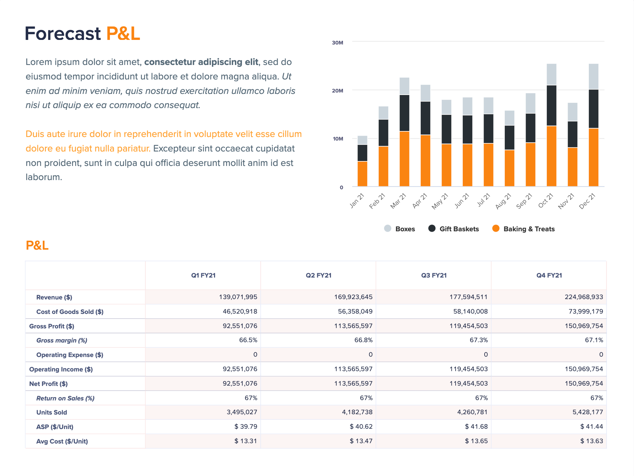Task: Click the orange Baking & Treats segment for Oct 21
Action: pos(551,156)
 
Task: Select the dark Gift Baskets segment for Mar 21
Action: pos(404,113)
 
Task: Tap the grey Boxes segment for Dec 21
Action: pos(593,77)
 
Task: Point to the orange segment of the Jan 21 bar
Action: pos(362,174)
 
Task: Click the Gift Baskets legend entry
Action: pos(454,229)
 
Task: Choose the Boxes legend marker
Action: pos(388,228)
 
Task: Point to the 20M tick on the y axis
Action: pos(337,91)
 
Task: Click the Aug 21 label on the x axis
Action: pos(503,201)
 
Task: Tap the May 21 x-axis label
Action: pos(440,201)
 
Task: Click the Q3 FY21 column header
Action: pos(434,275)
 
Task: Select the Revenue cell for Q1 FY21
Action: pos(238,297)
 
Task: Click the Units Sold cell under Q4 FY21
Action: pos(588,412)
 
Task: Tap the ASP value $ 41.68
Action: pos(476,427)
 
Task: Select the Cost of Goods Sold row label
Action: pos(70,312)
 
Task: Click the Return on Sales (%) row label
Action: pos(65,398)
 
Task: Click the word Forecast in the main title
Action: pos(63,34)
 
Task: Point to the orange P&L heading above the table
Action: pos(37,245)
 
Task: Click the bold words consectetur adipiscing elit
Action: pos(201,62)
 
